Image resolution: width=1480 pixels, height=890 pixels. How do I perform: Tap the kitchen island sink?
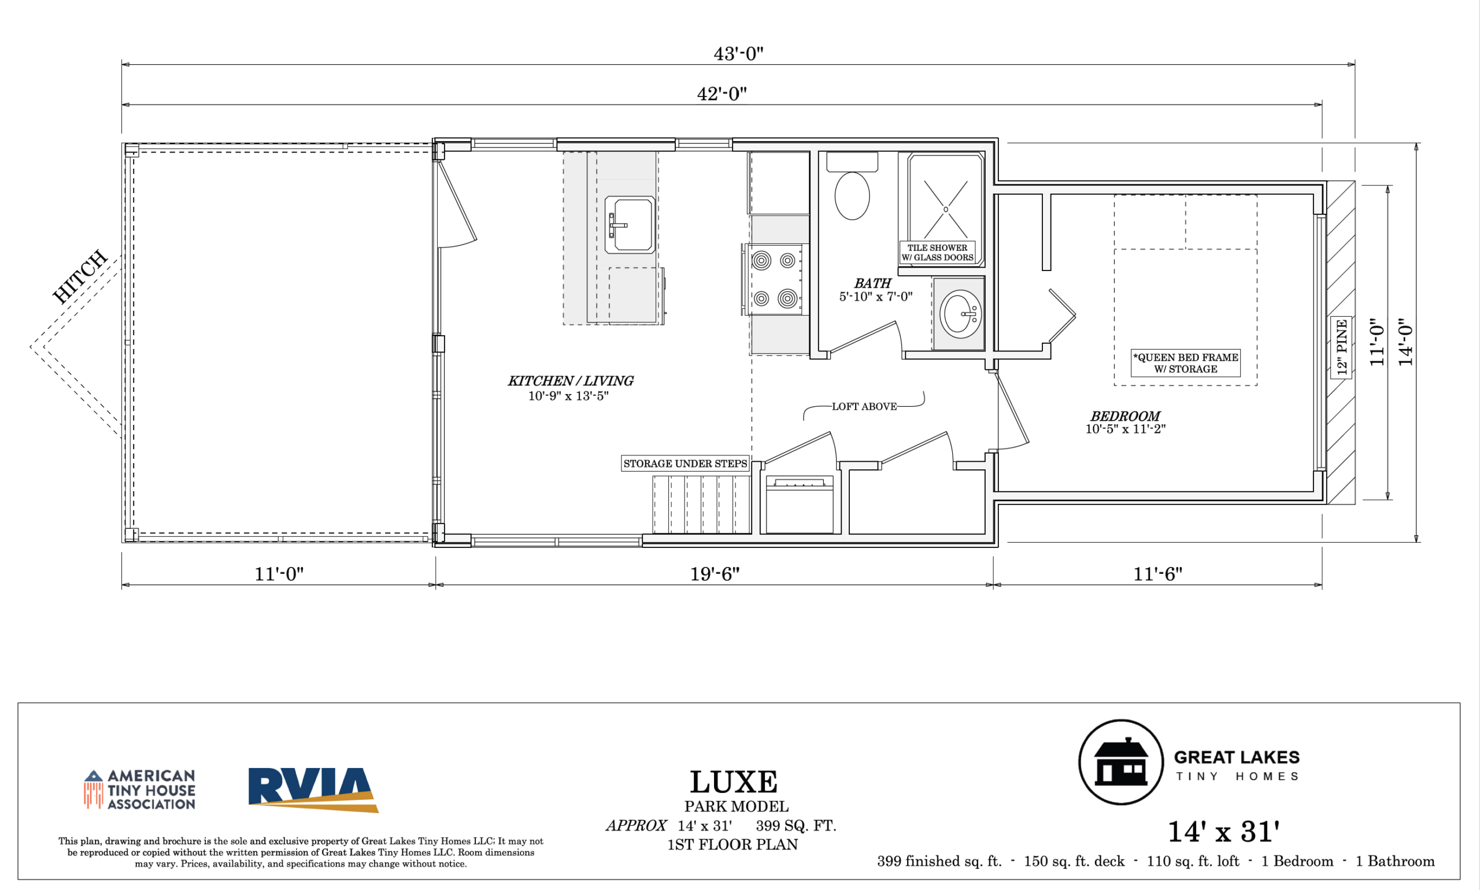tap(630, 224)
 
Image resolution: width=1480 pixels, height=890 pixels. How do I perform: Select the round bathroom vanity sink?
tap(960, 314)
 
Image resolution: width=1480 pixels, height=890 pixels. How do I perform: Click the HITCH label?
tap(80, 276)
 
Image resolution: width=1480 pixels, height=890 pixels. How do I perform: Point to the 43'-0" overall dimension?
tap(738, 54)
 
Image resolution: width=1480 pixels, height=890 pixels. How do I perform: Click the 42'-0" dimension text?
tap(721, 94)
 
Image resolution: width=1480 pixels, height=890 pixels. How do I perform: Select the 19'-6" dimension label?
tap(715, 574)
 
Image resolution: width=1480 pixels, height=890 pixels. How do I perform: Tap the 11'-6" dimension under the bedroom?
tap(1157, 574)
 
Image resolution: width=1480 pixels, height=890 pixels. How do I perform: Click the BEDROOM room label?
tap(1125, 416)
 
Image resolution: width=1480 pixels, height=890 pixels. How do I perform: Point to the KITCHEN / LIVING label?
tap(571, 381)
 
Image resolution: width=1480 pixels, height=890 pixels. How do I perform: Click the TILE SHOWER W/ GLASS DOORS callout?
tap(937, 253)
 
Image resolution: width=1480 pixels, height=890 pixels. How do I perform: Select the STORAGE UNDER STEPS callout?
tap(685, 463)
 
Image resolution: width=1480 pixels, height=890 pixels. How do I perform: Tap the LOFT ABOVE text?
tap(864, 407)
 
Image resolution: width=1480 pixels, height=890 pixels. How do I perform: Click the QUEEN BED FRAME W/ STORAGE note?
tap(1185, 364)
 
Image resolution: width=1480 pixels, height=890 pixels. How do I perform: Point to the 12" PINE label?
tap(1341, 347)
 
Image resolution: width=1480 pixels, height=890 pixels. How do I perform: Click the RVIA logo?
tap(313, 790)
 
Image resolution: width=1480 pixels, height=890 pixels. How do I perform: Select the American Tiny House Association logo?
tap(140, 790)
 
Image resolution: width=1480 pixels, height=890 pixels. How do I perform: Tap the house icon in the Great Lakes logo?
tap(1120, 762)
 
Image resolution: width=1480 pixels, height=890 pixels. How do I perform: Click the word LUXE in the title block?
tap(733, 782)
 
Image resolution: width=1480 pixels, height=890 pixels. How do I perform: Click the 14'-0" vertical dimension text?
tap(1405, 342)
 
